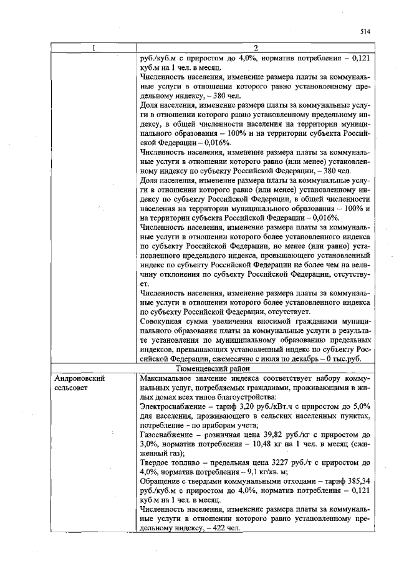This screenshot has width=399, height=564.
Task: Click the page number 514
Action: coord(365,31)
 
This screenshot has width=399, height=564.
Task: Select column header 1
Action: coord(94,48)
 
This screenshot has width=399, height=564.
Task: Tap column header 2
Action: coord(256,48)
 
